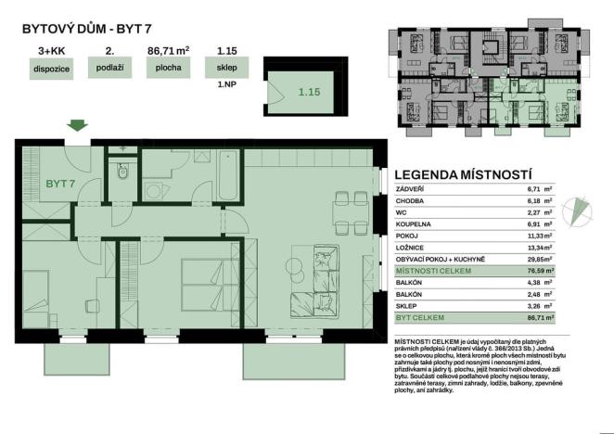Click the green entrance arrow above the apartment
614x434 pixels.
click(x=77, y=126)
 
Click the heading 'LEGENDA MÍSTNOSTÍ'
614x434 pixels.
click(x=462, y=173)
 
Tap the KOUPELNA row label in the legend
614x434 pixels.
click(x=414, y=223)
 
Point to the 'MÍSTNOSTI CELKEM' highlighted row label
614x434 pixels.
click(x=434, y=271)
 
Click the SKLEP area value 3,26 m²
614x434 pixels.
click(x=539, y=306)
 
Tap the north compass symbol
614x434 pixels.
click(x=582, y=210)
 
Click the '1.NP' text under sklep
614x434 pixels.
click(x=225, y=84)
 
